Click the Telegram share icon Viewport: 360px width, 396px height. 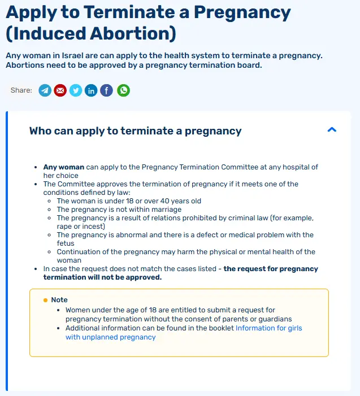45,90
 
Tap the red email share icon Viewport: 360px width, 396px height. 60,90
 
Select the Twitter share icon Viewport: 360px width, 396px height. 76,90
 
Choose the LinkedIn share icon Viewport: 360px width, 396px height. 91,90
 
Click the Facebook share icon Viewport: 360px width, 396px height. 106,90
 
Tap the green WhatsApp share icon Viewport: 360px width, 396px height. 123,90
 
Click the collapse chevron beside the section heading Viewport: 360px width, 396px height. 332,130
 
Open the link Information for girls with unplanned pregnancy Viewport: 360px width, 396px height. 268,328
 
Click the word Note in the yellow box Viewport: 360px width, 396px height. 59,300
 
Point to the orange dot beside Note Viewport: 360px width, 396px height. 46,300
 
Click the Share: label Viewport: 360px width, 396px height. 21,90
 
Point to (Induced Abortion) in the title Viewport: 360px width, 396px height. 90,34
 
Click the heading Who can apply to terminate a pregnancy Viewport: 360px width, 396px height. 135,131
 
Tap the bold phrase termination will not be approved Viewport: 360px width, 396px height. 102,277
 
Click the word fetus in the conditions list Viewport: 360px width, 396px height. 66,243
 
